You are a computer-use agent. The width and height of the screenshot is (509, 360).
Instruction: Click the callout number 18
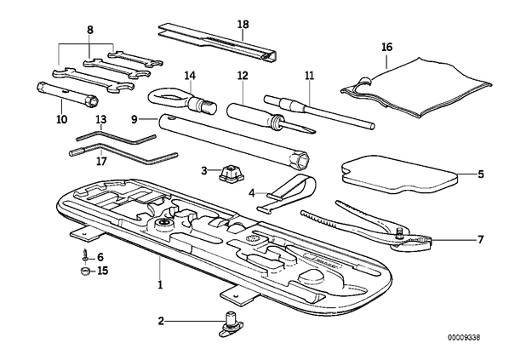click(x=243, y=25)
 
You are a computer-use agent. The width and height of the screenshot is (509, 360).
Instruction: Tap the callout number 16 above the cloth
click(x=387, y=48)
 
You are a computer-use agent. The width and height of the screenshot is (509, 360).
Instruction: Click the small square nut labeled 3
click(x=232, y=173)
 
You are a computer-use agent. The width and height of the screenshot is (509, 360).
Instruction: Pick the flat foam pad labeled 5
click(x=399, y=174)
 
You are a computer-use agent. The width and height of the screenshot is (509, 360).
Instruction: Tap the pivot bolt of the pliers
click(x=398, y=233)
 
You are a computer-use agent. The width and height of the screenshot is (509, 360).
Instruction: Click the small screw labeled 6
click(x=84, y=253)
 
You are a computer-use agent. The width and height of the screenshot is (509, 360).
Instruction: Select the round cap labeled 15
click(x=85, y=271)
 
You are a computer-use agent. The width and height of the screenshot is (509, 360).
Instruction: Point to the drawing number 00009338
click(x=464, y=338)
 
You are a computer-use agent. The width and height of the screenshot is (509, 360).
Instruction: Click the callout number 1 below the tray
click(x=160, y=285)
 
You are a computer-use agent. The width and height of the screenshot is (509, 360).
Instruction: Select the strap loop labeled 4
click(x=286, y=193)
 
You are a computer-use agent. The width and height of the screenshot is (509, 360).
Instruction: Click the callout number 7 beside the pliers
click(x=480, y=239)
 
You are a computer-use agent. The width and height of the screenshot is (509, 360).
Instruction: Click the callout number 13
click(x=101, y=119)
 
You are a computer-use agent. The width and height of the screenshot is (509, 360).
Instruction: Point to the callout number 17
click(x=101, y=161)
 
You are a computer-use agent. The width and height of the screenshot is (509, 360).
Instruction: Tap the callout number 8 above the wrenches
click(x=90, y=30)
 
